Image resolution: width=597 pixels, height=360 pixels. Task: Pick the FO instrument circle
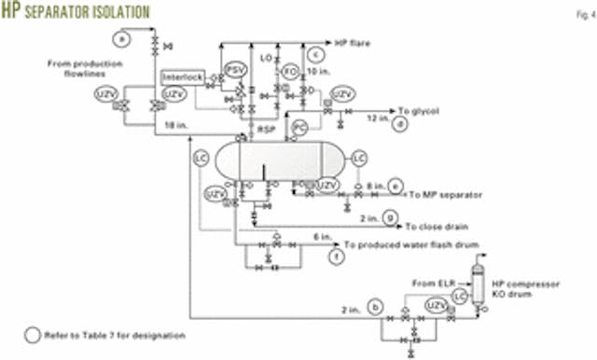(290, 70)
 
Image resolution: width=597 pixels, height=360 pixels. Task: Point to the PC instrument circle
(299, 125)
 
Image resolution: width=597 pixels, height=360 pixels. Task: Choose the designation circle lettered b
(376, 305)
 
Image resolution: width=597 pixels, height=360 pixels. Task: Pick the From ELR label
(428, 280)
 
